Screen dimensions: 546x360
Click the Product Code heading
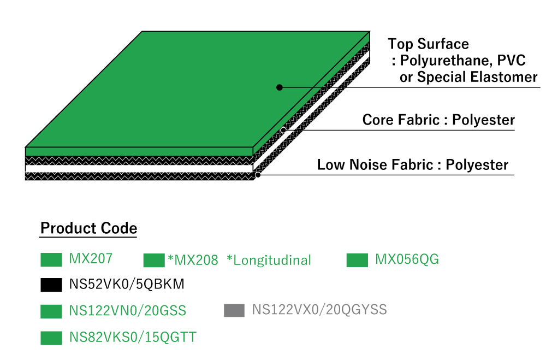click(x=89, y=228)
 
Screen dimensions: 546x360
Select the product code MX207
click(x=91, y=258)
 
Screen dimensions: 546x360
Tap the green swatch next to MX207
click(x=51, y=260)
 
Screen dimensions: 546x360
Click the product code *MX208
click(x=193, y=261)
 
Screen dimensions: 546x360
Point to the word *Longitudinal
click(x=269, y=261)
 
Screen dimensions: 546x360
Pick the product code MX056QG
click(x=407, y=259)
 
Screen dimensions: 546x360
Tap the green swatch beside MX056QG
click(x=357, y=261)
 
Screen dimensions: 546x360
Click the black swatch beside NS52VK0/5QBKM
click(x=51, y=285)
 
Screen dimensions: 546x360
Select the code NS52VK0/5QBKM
click(x=127, y=284)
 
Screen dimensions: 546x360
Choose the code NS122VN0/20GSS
click(x=127, y=310)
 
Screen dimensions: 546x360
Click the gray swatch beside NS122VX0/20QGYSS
click(x=234, y=310)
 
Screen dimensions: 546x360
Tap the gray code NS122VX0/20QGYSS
click(x=319, y=309)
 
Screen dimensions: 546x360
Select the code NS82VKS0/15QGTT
click(x=133, y=338)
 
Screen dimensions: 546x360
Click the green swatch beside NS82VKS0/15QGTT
click(x=51, y=338)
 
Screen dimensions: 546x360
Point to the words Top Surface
click(x=428, y=44)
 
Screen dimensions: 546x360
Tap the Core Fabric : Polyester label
click(x=438, y=120)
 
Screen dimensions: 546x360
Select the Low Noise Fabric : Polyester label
click(x=413, y=165)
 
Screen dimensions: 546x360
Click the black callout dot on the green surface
click(x=279, y=87)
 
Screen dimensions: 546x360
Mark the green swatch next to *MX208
click(x=154, y=261)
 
